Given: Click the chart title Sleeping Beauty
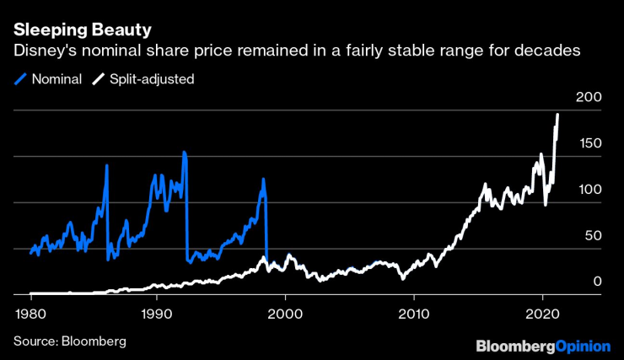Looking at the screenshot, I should coord(83,30).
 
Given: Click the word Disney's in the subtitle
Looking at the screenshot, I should coord(41,51).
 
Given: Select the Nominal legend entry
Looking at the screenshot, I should coord(57,78).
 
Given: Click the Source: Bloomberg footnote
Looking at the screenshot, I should coord(69,341).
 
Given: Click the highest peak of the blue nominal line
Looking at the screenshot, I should coord(184,153).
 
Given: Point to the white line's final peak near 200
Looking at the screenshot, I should coord(557,115).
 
